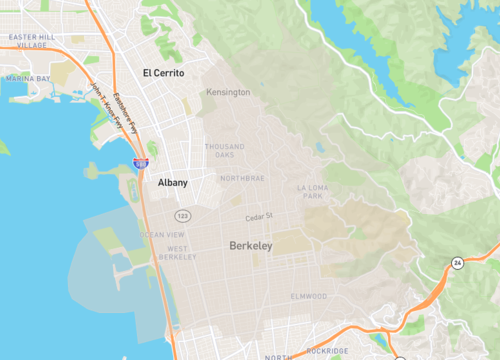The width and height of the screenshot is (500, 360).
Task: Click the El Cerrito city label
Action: coord(164,73)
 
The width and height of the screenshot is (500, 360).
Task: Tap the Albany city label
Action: coord(172,183)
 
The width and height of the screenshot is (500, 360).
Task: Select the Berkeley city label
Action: coord(250,245)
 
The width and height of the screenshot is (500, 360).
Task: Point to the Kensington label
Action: coord(228,93)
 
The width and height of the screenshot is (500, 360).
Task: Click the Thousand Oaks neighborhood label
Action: coord(224,151)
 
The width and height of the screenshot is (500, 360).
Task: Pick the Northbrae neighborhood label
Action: coord(242,178)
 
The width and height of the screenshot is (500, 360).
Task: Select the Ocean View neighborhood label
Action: coord(161,234)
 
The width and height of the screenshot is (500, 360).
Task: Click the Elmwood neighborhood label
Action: coord(308,296)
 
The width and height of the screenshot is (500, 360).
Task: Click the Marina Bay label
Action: coord(27,77)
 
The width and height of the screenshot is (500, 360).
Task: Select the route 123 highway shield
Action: coord(181,216)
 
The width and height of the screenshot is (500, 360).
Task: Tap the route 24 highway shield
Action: coord(455,262)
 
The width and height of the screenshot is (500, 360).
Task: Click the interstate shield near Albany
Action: coord(141,162)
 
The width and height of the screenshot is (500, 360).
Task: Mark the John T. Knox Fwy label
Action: coord(103,105)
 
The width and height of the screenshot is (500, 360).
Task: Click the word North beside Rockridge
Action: coord(278,356)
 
